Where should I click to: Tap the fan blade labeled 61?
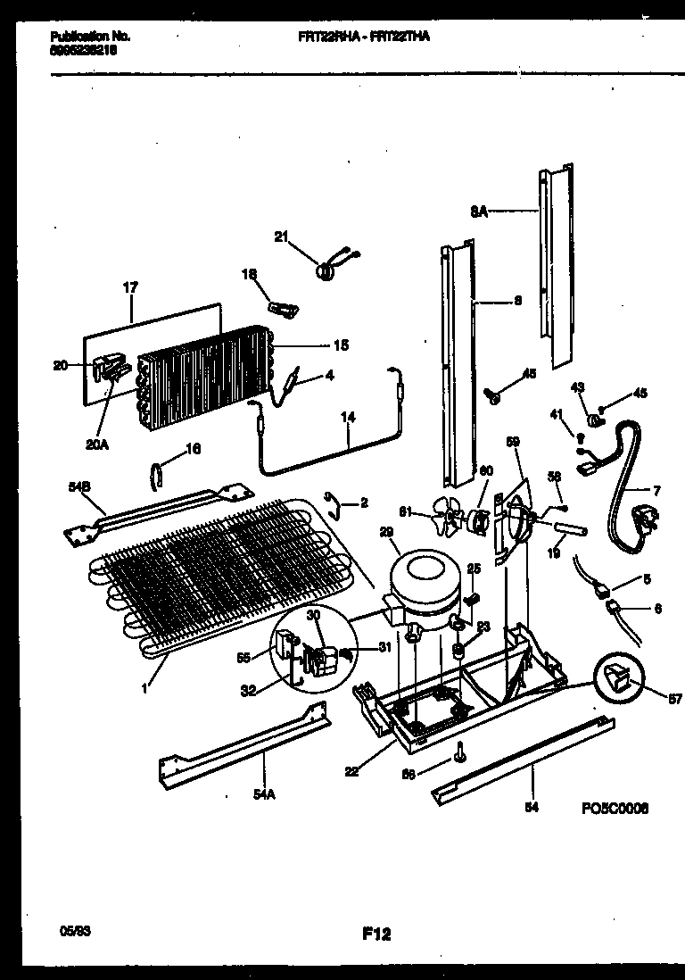444,515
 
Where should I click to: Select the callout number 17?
130,288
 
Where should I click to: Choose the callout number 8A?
478,212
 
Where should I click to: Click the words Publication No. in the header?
90,37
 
